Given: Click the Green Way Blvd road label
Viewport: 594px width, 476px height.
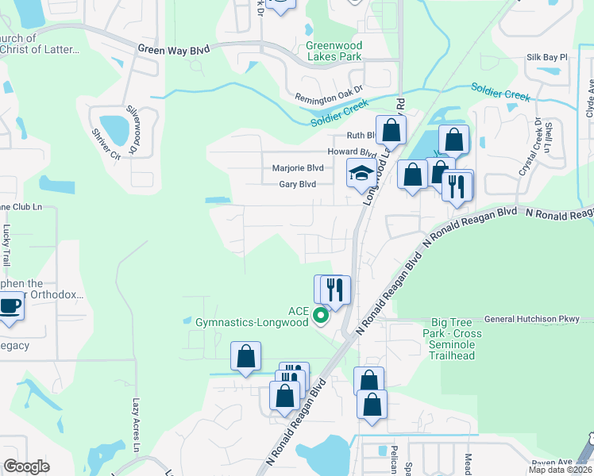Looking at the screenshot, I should (x=173, y=49).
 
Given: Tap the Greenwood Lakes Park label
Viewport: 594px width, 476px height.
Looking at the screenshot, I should (x=334, y=51).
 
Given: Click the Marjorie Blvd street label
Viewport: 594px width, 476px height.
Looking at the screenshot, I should (x=298, y=168).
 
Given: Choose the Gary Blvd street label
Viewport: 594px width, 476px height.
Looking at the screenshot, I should (x=297, y=184).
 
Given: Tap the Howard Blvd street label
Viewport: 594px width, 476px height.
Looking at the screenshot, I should (x=352, y=152).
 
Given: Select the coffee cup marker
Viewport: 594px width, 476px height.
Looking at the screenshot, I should (x=10, y=305).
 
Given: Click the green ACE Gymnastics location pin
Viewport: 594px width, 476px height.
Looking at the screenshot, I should (x=321, y=317).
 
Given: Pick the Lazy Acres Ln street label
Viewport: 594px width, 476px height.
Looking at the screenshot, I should (x=136, y=421).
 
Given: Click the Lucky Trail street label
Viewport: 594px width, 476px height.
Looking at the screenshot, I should (x=6, y=245).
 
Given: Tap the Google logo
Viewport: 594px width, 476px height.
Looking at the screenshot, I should (x=27, y=466).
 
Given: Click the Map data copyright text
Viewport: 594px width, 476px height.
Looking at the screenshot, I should (x=561, y=470).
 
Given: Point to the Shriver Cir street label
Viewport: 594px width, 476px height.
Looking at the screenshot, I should (x=105, y=144).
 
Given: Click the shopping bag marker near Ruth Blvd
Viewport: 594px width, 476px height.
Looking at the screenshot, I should (x=391, y=131).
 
